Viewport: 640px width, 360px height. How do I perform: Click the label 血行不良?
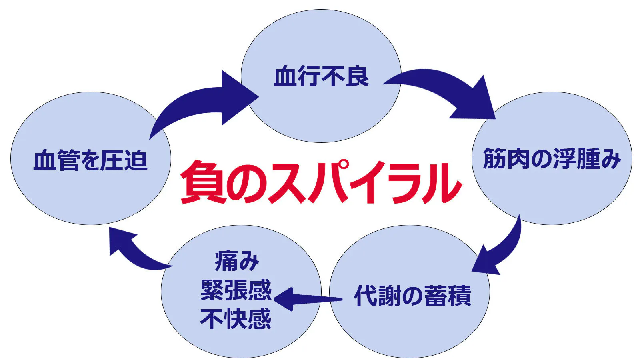(321, 76)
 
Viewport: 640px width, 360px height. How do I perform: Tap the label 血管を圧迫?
(90, 160)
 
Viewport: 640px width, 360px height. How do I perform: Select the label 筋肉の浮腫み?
(552, 158)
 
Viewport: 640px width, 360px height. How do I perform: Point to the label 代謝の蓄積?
(412, 296)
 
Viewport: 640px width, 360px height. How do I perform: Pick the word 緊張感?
(236, 290)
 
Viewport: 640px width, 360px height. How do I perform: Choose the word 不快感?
(236, 319)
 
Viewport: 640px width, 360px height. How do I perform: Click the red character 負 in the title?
(202, 182)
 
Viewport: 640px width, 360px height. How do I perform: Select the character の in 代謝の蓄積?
(412, 296)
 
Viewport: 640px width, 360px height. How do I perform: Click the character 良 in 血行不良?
(357, 76)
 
